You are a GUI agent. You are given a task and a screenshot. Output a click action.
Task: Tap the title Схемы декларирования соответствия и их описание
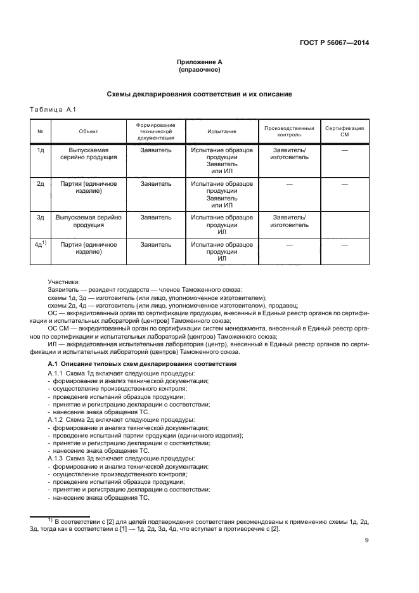199,94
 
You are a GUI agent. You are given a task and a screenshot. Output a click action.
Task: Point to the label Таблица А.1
53,110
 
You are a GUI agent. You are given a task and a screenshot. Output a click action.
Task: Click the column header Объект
89,131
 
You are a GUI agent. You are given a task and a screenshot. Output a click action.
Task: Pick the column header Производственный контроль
288,131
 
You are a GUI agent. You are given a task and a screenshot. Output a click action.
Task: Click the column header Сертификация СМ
344,131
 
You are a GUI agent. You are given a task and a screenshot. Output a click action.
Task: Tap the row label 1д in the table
40,150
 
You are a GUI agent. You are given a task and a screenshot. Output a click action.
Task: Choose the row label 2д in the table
40,183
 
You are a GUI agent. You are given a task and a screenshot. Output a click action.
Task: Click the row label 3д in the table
40,217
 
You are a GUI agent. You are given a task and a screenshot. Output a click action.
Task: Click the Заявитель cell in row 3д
155,217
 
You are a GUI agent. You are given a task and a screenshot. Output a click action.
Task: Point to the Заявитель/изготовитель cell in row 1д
288,153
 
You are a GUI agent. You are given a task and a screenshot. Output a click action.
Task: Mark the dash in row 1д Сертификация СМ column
344,150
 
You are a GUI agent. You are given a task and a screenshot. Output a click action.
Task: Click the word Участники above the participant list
64,281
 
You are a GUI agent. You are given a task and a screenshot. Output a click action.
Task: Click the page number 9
366,540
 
